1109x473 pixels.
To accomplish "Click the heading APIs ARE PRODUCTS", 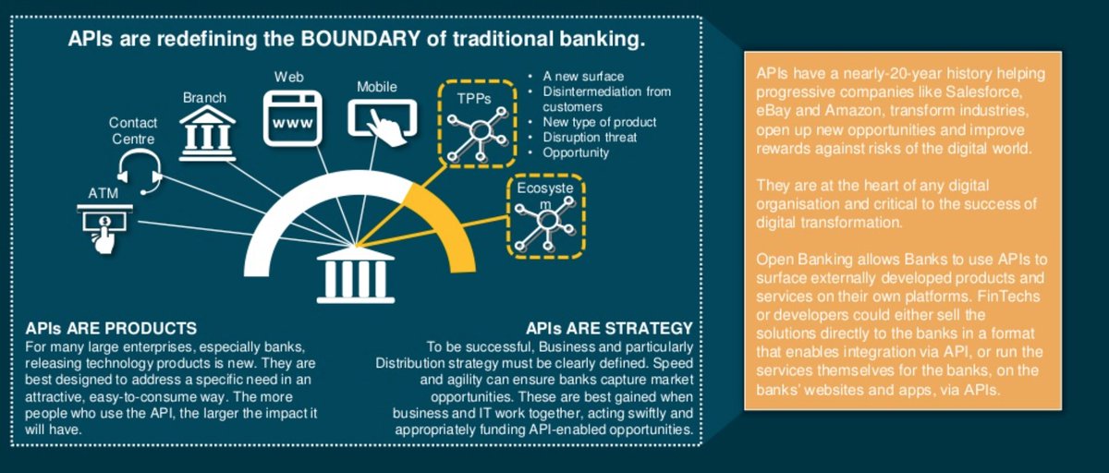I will (x=112, y=328).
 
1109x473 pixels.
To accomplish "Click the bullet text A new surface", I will (x=583, y=76).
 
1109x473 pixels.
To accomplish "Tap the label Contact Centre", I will (x=133, y=130).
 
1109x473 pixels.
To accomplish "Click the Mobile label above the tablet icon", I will (x=376, y=87).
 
